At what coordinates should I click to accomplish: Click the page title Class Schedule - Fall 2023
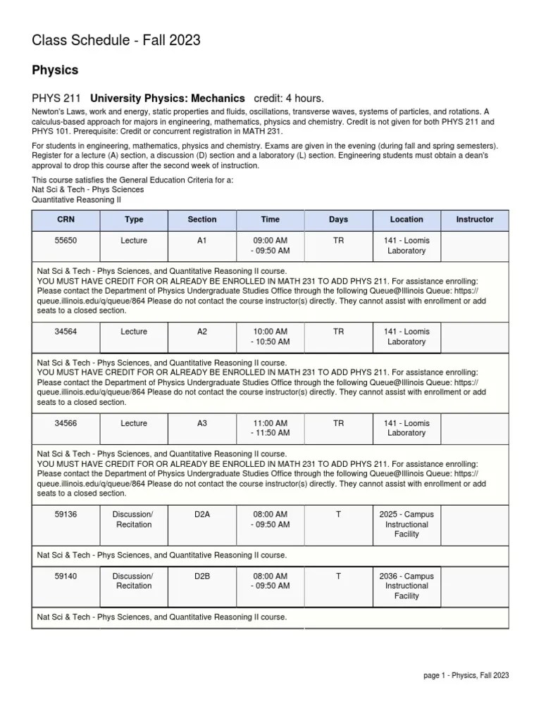pos(116,41)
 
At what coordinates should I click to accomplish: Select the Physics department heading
pos(55,70)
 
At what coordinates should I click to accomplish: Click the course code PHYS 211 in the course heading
pos(56,99)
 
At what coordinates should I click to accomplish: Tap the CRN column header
pos(66,220)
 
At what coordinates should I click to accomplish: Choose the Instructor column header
pos(475,220)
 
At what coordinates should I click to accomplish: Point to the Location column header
pos(406,220)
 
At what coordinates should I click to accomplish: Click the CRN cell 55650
pos(66,241)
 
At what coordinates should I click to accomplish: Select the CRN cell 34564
pos(66,332)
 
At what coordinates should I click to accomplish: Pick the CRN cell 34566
pos(66,423)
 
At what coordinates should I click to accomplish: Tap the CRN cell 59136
pos(66,515)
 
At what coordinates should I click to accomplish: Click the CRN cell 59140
pos(66,576)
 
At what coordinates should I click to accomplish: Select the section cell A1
pos(202,241)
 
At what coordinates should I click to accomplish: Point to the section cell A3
pos(202,423)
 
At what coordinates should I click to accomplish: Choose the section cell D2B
pos(202,576)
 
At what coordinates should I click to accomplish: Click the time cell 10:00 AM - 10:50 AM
pos(270,337)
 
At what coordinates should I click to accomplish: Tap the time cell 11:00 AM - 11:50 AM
pos(270,428)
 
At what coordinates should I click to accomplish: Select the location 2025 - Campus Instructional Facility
pos(406,525)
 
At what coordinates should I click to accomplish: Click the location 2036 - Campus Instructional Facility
pos(406,586)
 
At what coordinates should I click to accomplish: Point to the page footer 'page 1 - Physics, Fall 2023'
pos(466,675)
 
